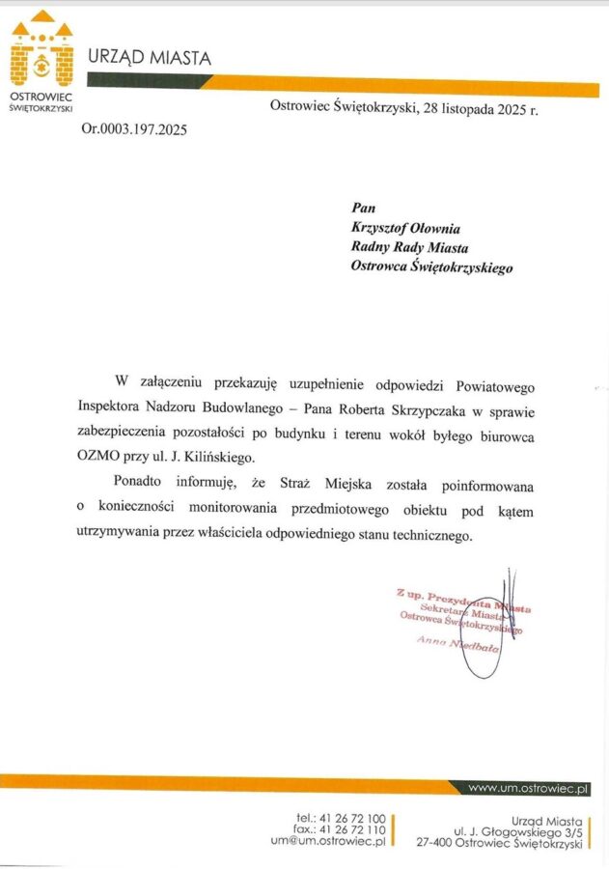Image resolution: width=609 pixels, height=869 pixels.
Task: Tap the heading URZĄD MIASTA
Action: [x=150, y=58]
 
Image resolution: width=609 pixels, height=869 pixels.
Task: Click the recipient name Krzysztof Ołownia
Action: [x=405, y=228]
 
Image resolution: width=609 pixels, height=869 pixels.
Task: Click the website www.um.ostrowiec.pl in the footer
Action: [x=528, y=789]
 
